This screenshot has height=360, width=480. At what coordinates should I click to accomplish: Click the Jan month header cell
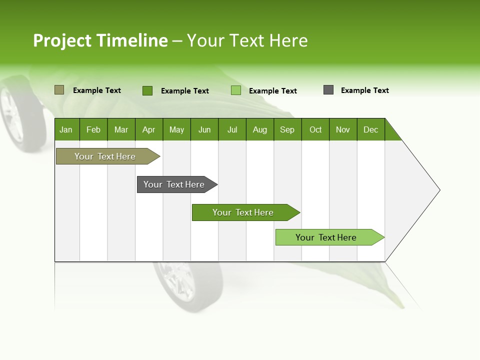66,129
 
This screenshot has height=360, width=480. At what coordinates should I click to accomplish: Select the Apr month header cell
149,129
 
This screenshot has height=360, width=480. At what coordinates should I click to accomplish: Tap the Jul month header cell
232,129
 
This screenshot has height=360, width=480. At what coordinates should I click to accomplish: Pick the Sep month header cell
287,129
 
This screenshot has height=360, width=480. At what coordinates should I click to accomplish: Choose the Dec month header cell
370,129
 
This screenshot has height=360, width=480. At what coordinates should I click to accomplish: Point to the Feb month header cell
93,129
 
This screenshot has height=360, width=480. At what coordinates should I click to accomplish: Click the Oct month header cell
315,129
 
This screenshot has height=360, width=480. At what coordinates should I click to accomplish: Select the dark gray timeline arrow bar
175,184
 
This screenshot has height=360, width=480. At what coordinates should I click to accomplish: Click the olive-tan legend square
59,90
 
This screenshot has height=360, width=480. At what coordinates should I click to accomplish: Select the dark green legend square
147,90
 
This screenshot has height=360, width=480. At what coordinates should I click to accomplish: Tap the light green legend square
236,90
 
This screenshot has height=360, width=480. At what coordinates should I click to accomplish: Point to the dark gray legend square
328,90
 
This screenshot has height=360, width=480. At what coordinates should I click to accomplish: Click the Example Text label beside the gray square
364,90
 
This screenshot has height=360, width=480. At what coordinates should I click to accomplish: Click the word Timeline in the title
132,40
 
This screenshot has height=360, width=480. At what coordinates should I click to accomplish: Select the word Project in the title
62,40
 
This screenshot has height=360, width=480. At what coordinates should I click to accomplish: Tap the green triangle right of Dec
391,133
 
